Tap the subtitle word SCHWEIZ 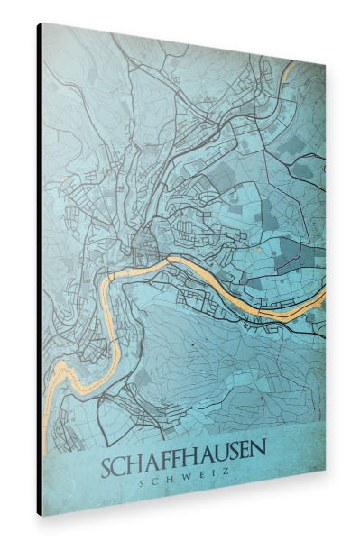click(x=186, y=470)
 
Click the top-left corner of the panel click(x=42, y=23)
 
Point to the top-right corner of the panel click(x=325, y=66)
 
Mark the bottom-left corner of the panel click(x=42, y=516)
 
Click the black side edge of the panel click(x=39, y=270)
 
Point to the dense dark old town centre click(x=144, y=240)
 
